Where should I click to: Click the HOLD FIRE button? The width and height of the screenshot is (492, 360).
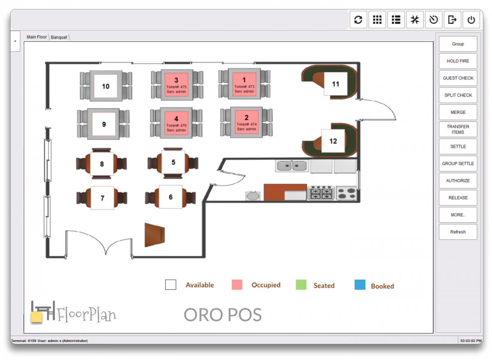[458, 61]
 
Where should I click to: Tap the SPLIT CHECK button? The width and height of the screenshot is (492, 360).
[458, 95]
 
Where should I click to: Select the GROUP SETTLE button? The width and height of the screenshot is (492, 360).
[458, 164]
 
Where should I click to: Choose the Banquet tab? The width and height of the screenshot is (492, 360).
[59, 37]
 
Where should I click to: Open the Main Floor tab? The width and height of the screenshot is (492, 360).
[37, 37]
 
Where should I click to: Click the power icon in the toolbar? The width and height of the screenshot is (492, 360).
[471, 20]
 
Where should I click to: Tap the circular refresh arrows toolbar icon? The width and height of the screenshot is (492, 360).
[358, 20]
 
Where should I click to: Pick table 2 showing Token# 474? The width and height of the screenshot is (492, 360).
[246, 122]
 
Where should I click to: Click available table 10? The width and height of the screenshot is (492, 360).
[106, 86]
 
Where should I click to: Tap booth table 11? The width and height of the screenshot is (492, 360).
[336, 84]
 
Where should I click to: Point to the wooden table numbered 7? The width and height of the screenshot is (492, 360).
[102, 198]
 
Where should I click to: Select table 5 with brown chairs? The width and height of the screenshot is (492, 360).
[173, 162]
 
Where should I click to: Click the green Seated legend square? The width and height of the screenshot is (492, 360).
[301, 285]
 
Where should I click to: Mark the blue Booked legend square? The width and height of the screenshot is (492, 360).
[360, 285]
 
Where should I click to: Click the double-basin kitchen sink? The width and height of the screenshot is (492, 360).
[292, 166]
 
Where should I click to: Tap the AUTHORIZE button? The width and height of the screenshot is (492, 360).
[458, 181]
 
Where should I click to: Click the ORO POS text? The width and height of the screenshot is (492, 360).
[223, 315]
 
